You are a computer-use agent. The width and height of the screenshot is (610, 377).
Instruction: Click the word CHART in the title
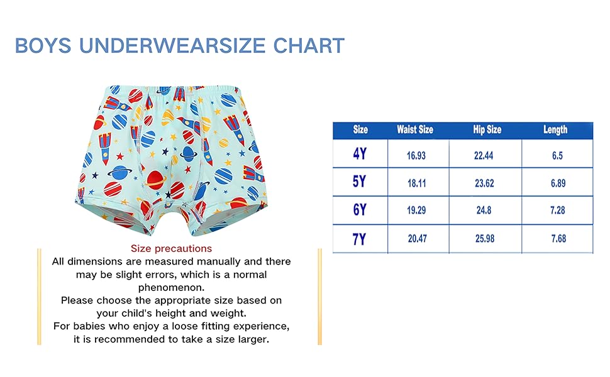click(309, 45)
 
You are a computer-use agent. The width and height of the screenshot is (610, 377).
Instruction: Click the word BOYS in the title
click(43, 45)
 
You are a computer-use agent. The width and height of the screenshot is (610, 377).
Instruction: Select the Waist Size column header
click(414, 129)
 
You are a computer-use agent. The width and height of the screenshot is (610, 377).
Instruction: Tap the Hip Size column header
click(487, 129)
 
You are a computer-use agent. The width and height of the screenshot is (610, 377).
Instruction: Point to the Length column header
click(555, 129)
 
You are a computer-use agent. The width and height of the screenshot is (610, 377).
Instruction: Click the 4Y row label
click(360, 153)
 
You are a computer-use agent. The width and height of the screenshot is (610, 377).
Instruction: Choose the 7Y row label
click(360, 239)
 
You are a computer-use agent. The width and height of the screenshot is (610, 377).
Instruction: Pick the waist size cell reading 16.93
click(416, 155)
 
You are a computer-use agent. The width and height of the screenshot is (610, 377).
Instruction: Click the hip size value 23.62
click(484, 183)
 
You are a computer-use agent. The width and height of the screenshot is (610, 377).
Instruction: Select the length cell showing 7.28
click(557, 210)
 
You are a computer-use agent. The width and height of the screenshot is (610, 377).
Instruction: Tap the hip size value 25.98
click(485, 238)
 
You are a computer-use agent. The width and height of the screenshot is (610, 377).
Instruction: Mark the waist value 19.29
click(416, 210)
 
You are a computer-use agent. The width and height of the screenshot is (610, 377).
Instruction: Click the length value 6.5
click(557, 155)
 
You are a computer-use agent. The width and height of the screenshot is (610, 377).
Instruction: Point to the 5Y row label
click(360, 182)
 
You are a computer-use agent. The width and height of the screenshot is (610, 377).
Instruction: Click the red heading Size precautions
click(171, 248)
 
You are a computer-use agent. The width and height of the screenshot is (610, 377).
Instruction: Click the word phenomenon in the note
click(171, 288)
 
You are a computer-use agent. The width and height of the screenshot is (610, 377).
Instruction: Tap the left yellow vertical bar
click(39, 297)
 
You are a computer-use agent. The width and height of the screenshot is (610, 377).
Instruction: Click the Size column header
click(360, 129)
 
